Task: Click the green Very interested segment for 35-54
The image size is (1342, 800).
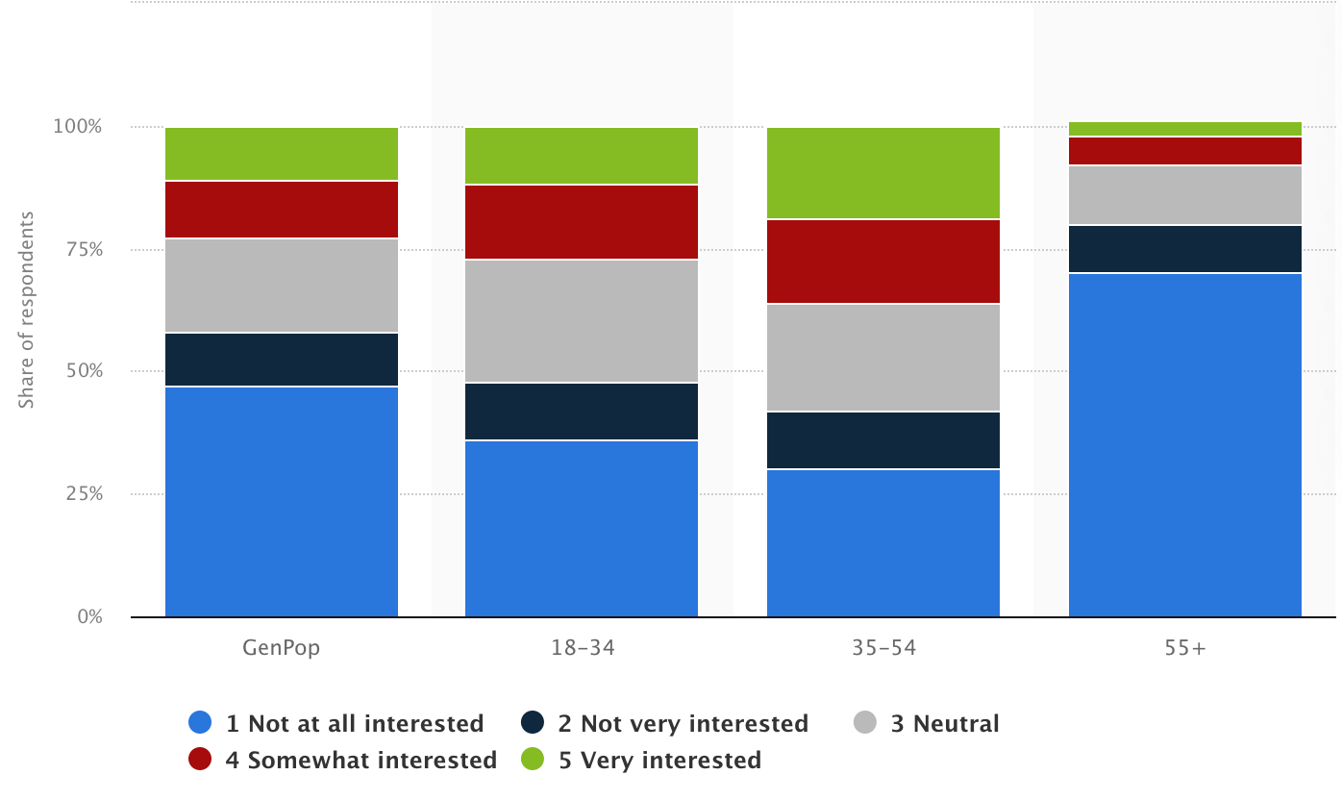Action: tap(882, 173)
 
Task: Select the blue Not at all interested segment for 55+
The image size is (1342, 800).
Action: tap(1184, 444)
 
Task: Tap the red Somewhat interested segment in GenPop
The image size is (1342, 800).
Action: tap(282, 209)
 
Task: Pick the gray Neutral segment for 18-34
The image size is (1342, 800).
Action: tap(582, 321)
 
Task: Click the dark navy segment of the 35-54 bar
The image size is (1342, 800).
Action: tap(882, 440)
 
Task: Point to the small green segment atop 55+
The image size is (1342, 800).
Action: tap(1184, 129)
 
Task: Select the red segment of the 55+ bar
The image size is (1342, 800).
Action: tap(1184, 151)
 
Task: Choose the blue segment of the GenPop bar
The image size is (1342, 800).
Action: tap(282, 501)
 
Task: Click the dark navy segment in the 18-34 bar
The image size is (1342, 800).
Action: tap(582, 412)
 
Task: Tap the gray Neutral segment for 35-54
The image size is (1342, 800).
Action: tap(882, 358)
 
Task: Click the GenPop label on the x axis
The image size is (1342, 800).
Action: tap(282, 647)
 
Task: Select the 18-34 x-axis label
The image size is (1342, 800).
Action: tap(583, 647)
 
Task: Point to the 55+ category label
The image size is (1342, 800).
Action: tap(1184, 647)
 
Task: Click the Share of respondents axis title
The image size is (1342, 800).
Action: tap(27, 310)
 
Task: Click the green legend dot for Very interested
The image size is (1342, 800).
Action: tap(533, 760)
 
